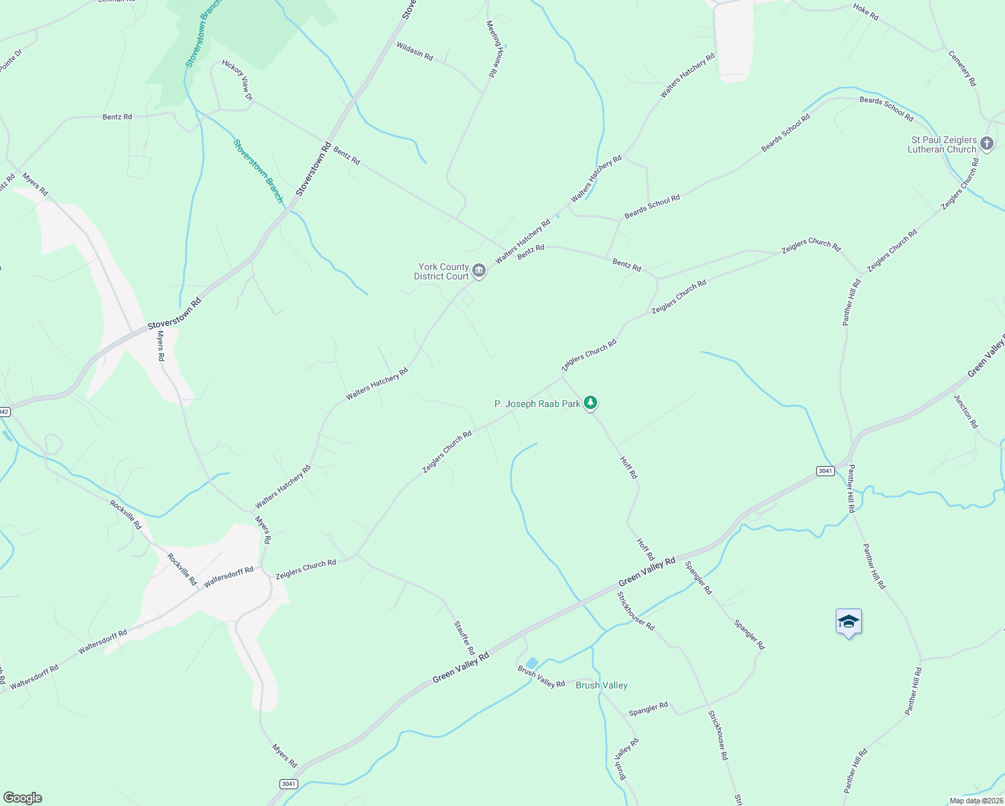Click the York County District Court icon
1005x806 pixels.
[479, 271]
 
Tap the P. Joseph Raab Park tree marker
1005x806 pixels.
[591, 403]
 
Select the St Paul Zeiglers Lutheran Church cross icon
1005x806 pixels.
[986, 143]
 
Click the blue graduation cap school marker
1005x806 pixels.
[848, 622]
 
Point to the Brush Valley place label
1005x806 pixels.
[602, 685]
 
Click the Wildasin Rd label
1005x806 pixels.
[414, 50]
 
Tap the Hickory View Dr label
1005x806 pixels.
[236, 81]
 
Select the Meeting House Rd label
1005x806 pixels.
[495, 49]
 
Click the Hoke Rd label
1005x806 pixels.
[865, 11]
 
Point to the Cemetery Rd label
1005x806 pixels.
[962, 68]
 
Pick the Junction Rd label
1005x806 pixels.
[966, 411]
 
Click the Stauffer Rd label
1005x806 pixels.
[464, 638]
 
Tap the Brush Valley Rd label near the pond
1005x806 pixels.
[541, 677]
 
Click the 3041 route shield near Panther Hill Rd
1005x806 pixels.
[825, 471]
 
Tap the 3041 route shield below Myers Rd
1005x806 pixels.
[288, 784]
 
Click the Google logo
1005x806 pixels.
[23, 798]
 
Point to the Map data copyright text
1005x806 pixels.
[976, 801]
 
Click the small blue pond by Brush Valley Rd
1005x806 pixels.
[531, 663]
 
